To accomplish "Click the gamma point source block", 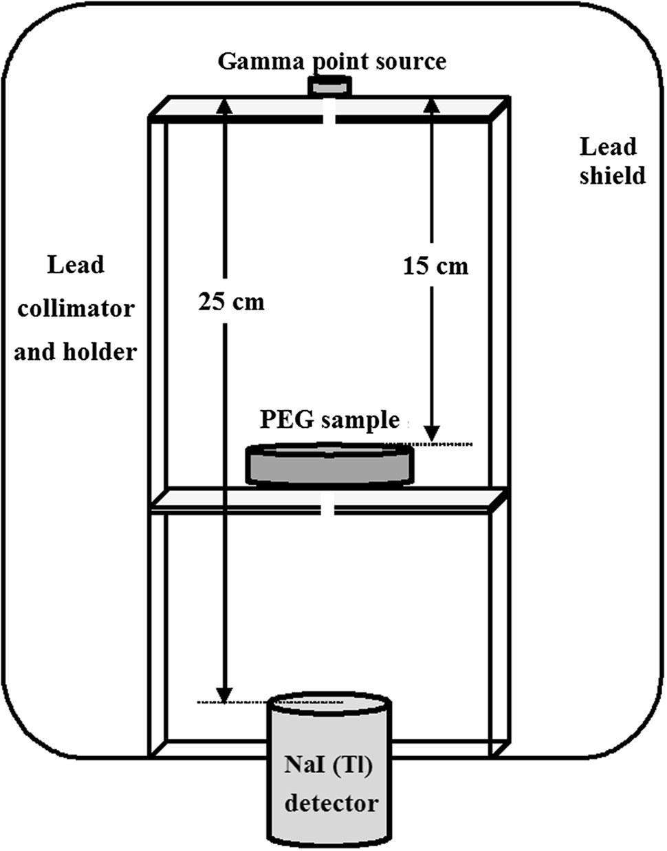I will click(x=329, y=87).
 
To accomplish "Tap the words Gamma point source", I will click(x=331, y=61).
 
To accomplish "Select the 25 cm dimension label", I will click(x=231, y=301).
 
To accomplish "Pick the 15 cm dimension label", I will click(x=435, y=266).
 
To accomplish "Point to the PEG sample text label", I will click(x=329, y=419).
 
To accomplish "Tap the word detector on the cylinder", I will click(x=331, y=803).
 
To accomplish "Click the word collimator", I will click(x=76, y=308).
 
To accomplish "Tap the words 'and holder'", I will click(x=76, y=352).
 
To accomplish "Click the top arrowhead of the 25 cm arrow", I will click(x=221, y=105).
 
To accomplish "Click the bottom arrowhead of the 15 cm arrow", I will click(x=432, y=433).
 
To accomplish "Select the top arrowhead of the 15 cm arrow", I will click(x=431, y=105).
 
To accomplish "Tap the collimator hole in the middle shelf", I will click(x=331, y=510).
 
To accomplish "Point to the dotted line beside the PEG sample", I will click(x=440, y=444).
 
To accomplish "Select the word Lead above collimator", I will click(x=76, y=264).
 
